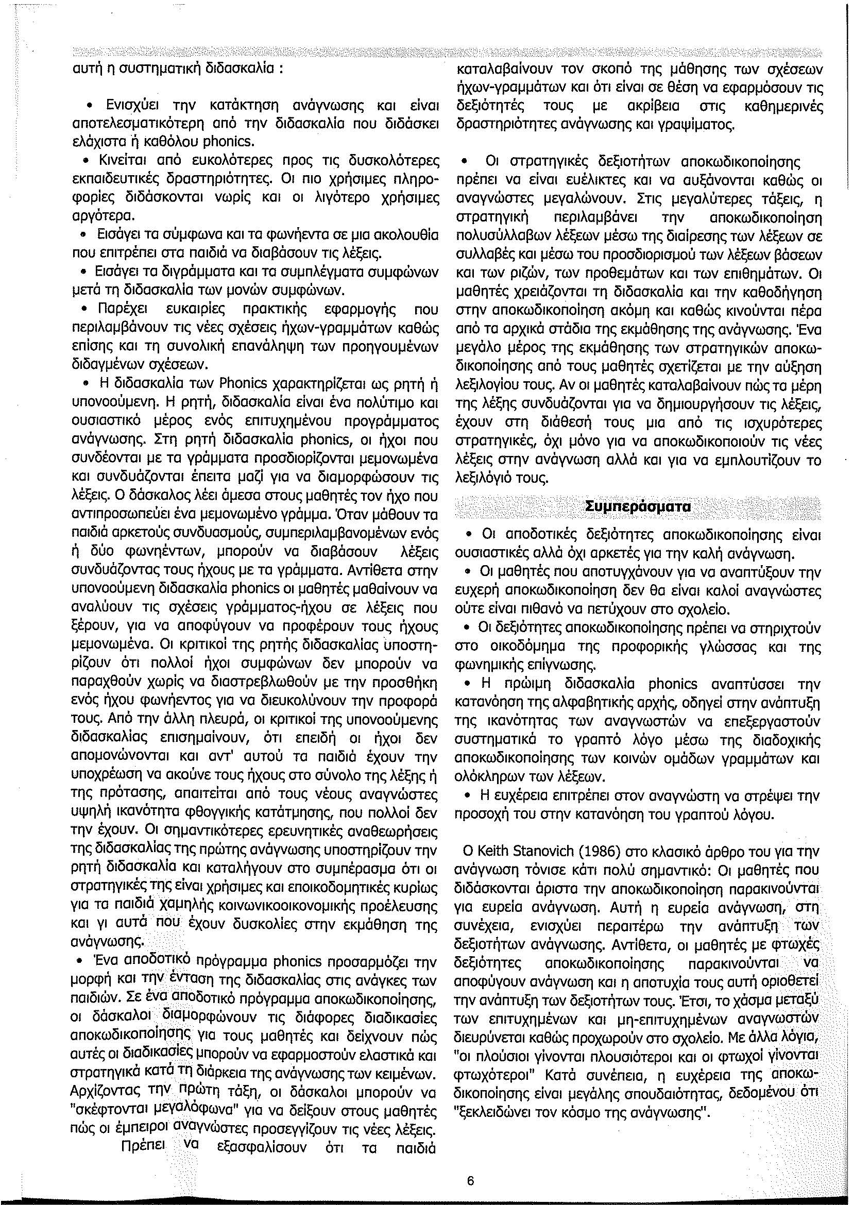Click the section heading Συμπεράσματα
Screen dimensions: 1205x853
coord(637,507)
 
